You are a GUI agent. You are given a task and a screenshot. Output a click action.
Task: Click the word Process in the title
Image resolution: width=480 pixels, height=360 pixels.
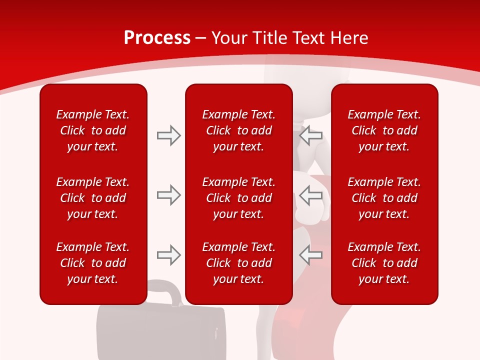157,38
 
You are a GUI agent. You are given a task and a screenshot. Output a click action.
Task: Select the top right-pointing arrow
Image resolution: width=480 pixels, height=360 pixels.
168,135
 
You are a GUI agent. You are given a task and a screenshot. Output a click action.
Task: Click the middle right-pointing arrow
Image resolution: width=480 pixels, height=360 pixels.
168,195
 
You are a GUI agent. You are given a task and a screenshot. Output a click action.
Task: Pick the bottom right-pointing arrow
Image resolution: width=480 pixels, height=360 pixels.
168,255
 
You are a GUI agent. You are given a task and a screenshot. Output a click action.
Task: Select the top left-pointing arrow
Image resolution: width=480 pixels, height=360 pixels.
311,135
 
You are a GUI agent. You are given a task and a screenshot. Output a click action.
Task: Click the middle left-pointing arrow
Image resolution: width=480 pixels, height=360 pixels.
311,195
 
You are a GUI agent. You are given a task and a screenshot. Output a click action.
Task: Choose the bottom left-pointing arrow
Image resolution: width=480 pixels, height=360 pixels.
311,255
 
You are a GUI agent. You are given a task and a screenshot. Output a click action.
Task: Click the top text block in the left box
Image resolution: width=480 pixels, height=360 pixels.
93,130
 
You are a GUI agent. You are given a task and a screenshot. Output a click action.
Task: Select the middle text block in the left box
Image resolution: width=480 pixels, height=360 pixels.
93,198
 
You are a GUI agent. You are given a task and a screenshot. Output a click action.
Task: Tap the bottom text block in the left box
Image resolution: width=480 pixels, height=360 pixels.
93,263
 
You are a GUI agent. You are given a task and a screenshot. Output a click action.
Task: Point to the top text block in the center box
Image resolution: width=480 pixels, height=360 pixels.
238,130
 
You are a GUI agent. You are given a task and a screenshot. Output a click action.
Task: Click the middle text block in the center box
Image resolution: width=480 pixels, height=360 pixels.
238,198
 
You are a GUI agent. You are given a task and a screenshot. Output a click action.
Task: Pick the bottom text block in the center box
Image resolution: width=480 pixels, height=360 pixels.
238,263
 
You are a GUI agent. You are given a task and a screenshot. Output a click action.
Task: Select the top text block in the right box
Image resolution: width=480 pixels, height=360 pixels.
384,130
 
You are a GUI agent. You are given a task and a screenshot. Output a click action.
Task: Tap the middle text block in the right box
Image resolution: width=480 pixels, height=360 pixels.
384,198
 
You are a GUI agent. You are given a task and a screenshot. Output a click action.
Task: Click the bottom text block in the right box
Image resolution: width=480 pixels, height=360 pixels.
384,263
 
